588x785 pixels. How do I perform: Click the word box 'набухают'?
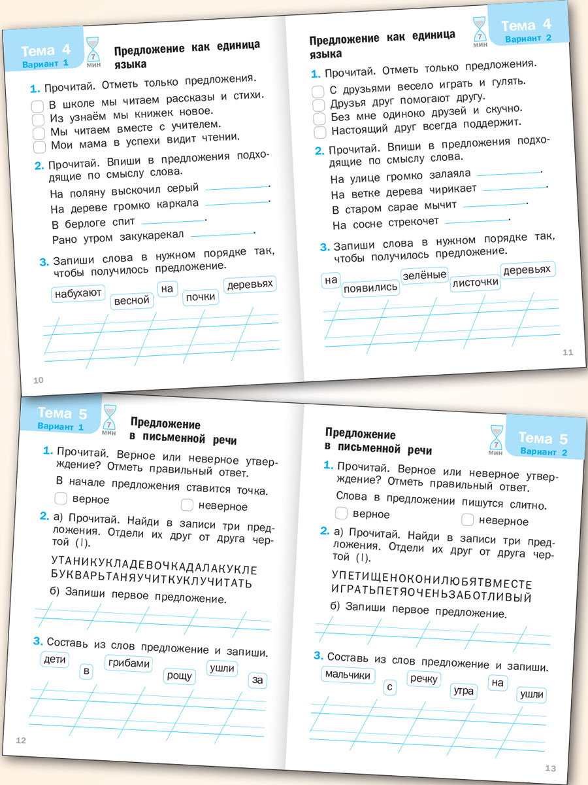(78, 293)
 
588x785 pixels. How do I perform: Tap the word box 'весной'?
(132, 301)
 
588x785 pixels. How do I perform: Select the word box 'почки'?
(200, 297)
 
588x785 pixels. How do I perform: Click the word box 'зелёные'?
(424, 275)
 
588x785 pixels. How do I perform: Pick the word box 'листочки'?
(476, 283)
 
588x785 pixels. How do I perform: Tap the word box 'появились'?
(370, 287)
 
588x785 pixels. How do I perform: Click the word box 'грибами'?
(129, 663)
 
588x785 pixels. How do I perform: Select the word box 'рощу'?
(180, 676)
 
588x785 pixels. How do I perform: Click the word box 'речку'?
(424, 679)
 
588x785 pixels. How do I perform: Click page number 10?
(38, 380)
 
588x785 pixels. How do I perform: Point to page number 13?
(549, 767)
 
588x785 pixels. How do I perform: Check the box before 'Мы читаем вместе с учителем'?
(39, 133)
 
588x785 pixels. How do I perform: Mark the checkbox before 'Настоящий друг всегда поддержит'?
(319, 133)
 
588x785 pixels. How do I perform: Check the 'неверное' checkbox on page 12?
(188, 505)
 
